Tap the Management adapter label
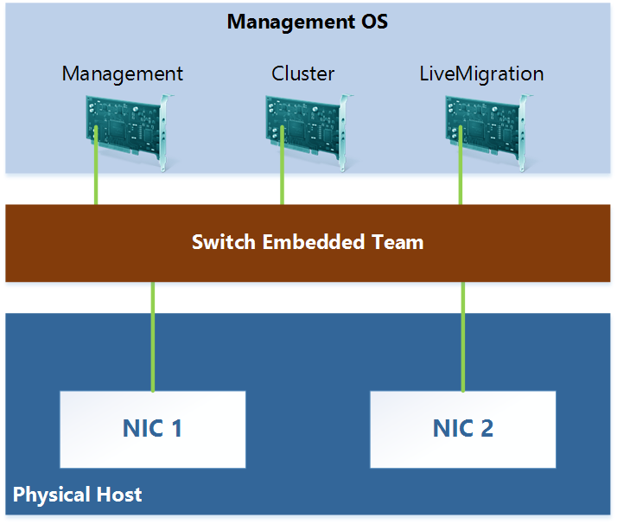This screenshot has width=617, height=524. click(x=123, y=73)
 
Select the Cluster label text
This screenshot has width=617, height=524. click(x=302, y=73)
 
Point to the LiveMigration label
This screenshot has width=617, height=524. click(x=481, y=73)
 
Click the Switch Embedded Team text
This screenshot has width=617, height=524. click(x=308, y=242)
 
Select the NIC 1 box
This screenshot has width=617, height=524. click(x=153, y=429)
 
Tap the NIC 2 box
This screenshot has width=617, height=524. click(x=463, y=429)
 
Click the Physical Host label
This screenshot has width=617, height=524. click(x=78, y=495)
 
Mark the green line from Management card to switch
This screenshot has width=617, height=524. click(x=96, y=186)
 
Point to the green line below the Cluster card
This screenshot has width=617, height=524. click(x=282, y=186)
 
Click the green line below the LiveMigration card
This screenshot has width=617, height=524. click(x=460, y=186)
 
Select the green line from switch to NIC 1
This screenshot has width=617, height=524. click(x=153, y=337)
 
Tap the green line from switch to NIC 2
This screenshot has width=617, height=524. click(x=463, y=337)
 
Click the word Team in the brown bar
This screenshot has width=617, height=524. click(x=398, y=242)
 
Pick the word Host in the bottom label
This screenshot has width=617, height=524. click(x=118, y=495)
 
